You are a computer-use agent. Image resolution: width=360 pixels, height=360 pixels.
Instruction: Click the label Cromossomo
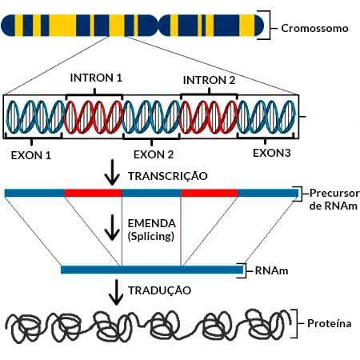(314, 28)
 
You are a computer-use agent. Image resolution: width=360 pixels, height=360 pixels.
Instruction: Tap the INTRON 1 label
(96, 78)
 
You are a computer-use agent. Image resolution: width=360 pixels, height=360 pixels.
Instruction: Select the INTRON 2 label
(209, 80)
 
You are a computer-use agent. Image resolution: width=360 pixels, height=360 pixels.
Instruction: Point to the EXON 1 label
(31, 155)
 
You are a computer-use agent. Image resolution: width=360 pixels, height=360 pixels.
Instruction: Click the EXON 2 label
(154, 154)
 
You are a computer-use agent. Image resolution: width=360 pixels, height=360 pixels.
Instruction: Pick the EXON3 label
(272, 153)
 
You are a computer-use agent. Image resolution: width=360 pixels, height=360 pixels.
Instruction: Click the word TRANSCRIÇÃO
(168, 175)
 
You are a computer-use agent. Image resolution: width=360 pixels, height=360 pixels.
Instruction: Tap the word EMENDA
(152, 223)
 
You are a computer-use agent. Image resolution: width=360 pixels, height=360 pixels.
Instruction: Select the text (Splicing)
(151, 236)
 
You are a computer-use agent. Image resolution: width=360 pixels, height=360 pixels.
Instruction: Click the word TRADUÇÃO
(160, 290)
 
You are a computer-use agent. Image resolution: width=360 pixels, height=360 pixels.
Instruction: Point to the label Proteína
(330, 323)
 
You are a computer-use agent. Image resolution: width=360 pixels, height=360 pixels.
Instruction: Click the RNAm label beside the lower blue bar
(271, 271)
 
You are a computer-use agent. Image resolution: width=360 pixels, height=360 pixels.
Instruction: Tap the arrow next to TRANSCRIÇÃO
(112, 172)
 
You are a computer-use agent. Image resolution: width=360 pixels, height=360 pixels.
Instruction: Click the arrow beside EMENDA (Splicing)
(112, 227)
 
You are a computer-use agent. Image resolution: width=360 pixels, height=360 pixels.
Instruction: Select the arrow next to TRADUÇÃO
(116, 292)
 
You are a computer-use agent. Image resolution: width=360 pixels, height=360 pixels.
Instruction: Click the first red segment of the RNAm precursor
(93, 193)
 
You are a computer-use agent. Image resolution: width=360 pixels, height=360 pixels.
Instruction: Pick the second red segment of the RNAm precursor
(210, 193)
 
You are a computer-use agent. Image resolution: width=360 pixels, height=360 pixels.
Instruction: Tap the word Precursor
(334, 193)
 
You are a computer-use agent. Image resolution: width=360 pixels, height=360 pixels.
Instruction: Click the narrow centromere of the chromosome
(158, 26)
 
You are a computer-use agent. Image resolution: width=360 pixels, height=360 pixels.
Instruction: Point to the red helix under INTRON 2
(209, 117)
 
